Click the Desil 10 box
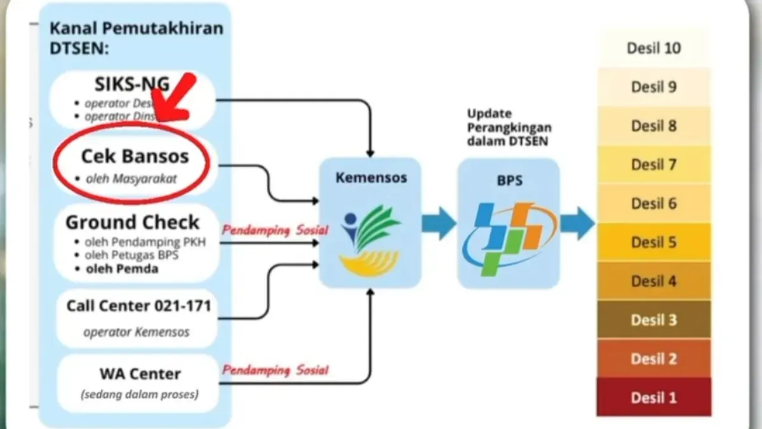point(654,48)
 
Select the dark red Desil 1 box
point(654,398)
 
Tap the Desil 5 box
point(654,242)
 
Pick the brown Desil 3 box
point(654,320)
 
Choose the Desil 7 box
point(654,165)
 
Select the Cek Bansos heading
point(135,156)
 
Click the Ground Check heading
point(133,222)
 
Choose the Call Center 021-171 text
point(138,306)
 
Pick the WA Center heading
point(140,374)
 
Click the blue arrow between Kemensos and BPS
point(439,224)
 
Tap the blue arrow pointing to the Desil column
point(577,224)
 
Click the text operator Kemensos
point(136,332)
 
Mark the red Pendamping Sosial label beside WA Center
point(275,370)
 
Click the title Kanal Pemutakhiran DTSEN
point(136,37)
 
